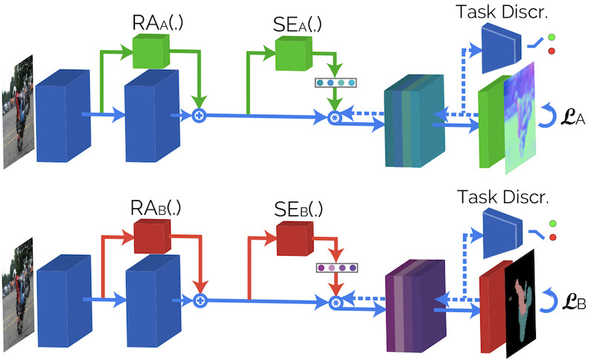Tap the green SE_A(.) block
(291, 51)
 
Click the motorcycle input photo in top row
(17, 111)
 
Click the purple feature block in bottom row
(415, 304)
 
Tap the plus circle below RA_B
(199, 301)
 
